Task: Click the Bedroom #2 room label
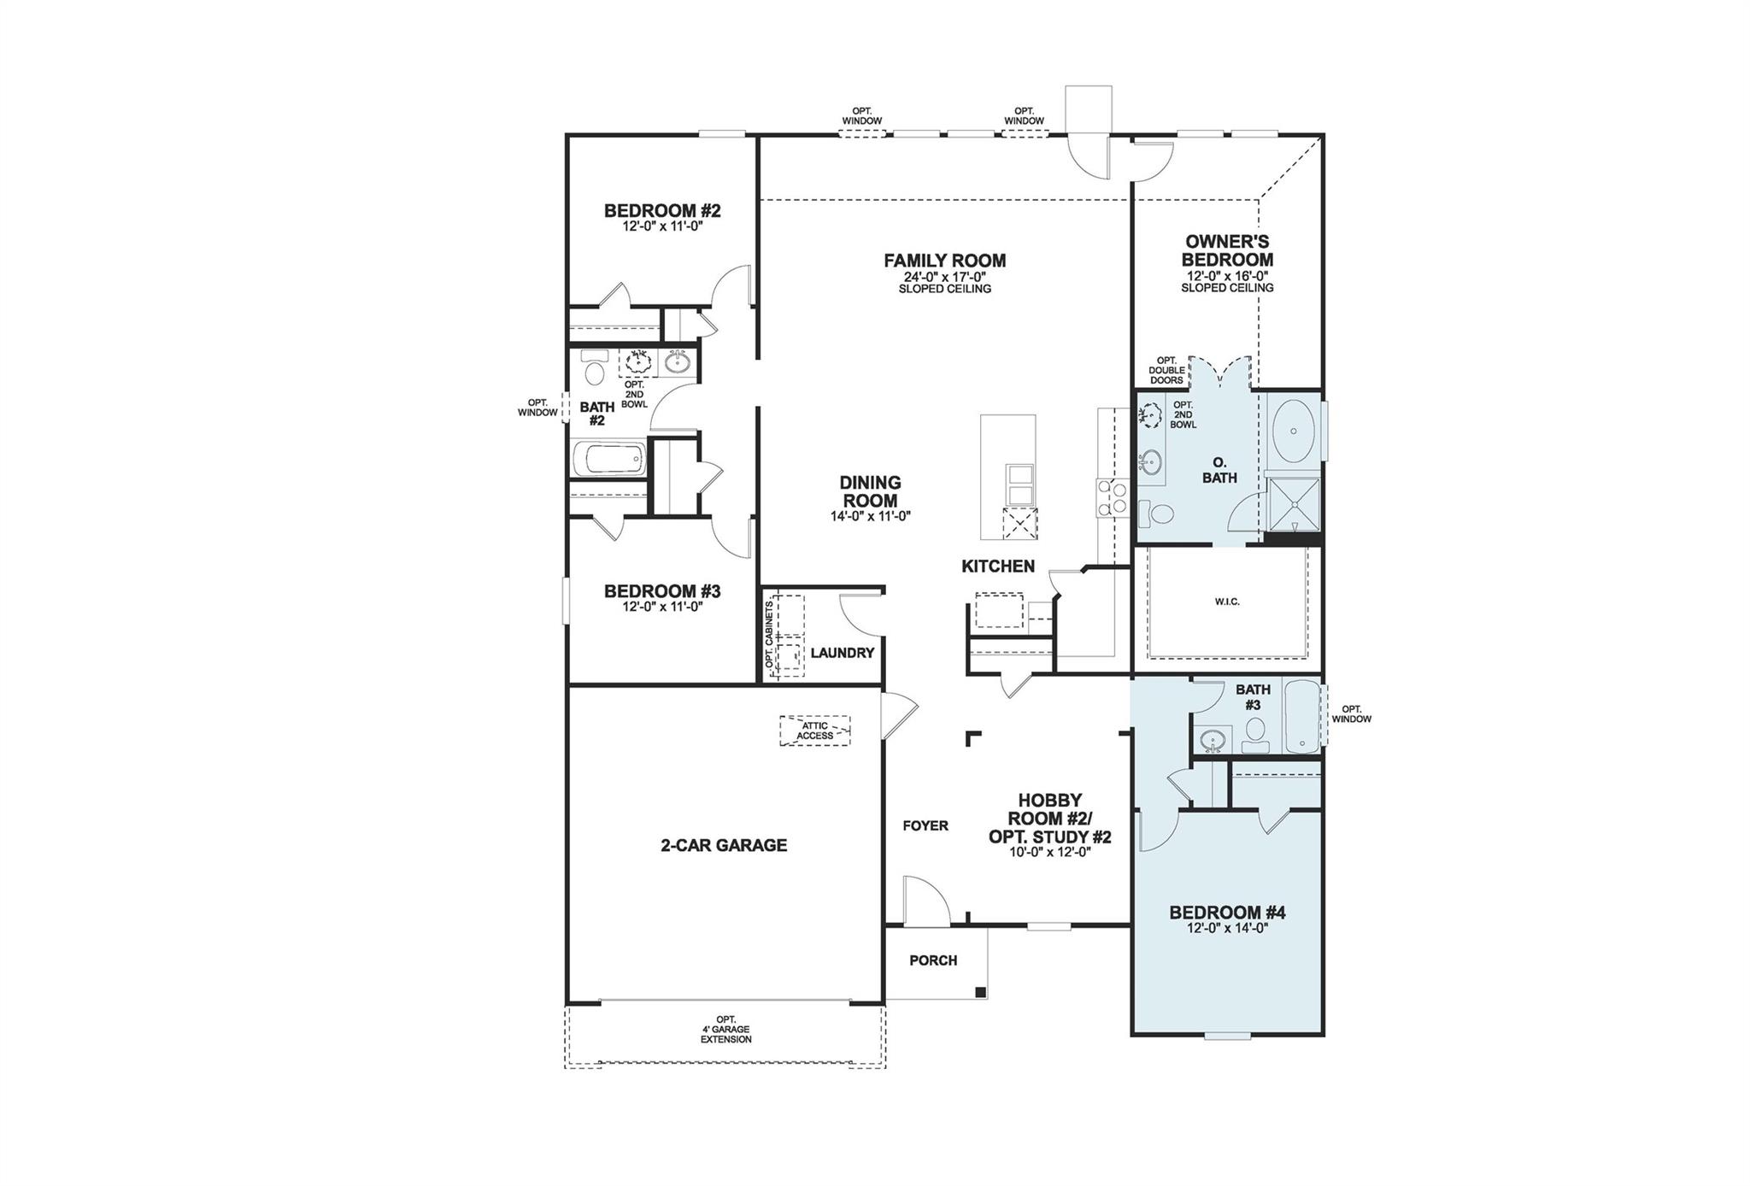point(662,210)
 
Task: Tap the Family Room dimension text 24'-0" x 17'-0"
point(944,277)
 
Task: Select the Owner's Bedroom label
point(1227,250)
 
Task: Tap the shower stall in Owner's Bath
point(1293,507)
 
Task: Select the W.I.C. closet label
point(1226,602)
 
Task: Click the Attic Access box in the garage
point(814,731)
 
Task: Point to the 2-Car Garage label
point(723,845)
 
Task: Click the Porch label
point(933,960)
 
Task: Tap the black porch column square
point(980,992)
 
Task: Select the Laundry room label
point(842,653)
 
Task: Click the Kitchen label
point(997,566)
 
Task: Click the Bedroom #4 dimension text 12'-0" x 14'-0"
point(1226,928)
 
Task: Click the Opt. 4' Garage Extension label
point(725,1030)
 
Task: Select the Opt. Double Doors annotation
point(1166,371)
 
